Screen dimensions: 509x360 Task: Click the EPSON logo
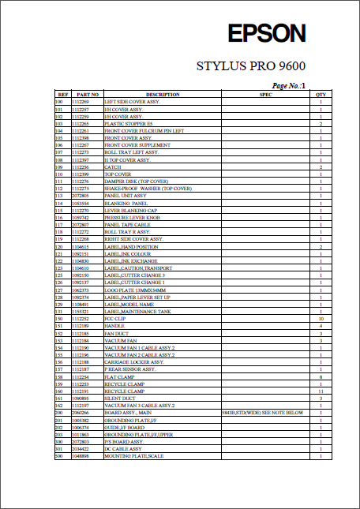(x=266, y=33)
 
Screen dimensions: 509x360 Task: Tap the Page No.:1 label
(x=293, y=84)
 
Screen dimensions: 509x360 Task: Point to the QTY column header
(x=321, y=95)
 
